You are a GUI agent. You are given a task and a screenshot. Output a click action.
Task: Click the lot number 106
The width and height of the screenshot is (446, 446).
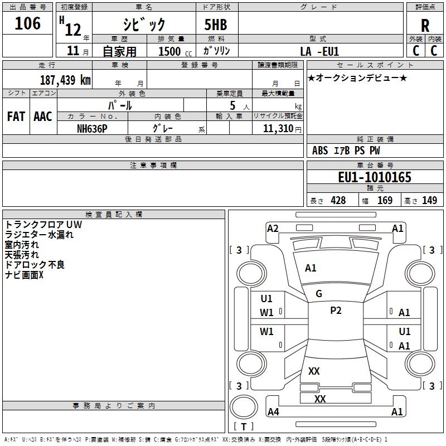(27, 23)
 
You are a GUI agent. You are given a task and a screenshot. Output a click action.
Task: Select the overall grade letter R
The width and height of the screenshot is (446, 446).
(425, 26)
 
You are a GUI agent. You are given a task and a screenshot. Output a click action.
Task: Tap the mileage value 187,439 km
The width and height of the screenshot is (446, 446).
(65, 80)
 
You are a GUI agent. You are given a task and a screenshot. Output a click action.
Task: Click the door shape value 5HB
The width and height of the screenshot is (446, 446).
(216, 25)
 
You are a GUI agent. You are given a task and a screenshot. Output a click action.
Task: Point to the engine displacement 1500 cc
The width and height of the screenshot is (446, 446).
(175, 51)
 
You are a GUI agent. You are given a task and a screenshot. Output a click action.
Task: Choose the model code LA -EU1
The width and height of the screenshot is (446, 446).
(319, 51)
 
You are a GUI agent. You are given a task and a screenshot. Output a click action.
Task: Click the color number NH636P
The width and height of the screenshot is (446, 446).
(92, 129)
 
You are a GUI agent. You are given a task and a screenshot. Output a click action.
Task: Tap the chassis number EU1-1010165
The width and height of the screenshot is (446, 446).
(375, 177)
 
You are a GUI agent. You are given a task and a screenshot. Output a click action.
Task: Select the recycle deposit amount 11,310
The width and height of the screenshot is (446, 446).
(278, 129)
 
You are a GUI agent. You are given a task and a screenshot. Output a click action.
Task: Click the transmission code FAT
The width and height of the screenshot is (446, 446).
(16, 117)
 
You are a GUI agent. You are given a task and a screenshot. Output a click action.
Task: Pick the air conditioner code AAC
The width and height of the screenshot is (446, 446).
(43, 117)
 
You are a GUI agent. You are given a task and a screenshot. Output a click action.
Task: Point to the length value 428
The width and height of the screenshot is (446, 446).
(338, 200)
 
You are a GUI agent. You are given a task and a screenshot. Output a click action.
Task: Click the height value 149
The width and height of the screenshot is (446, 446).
(429, 200)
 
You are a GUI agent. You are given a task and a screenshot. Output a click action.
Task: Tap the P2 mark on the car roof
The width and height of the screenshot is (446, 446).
(336, 311)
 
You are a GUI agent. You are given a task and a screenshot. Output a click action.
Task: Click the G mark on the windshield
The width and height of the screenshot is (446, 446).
(319, 294)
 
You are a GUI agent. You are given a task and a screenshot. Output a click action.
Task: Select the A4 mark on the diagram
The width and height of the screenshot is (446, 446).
(273, 411)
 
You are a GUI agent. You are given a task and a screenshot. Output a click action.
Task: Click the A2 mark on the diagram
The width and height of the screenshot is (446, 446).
(273, 229)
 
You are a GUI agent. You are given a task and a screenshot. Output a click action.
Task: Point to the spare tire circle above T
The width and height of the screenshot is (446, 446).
(244, 406)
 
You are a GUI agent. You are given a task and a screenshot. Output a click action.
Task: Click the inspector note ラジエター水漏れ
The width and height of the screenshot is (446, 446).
(39, 235)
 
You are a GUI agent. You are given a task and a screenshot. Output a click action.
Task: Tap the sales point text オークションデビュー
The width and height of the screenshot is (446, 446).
(357, 78)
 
